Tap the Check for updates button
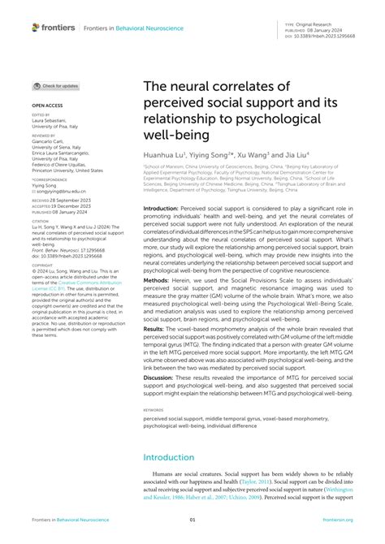tap(56, 85)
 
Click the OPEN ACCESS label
tap(47, 106)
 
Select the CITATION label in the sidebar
tap(41, 218)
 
